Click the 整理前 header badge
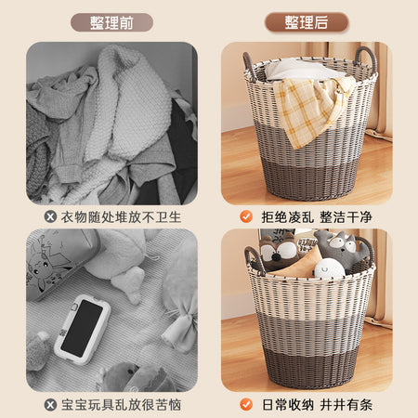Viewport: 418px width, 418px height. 111,22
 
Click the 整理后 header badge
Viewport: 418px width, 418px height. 307,22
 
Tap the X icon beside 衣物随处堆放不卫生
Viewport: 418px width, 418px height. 50,216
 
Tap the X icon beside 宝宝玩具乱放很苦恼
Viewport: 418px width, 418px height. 50,405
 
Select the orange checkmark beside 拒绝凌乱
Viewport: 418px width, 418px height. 246,216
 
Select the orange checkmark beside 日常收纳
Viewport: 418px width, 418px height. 246,404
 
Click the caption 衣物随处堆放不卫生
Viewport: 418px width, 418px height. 121,217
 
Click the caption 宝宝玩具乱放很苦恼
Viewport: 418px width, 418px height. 121,405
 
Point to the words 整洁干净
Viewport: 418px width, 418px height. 346,217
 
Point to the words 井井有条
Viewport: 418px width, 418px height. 346,405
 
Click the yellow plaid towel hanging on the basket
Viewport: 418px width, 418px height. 309,109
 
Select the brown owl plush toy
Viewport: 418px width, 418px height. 279,253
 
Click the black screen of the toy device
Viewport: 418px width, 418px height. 83,328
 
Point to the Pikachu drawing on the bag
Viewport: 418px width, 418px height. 46,267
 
